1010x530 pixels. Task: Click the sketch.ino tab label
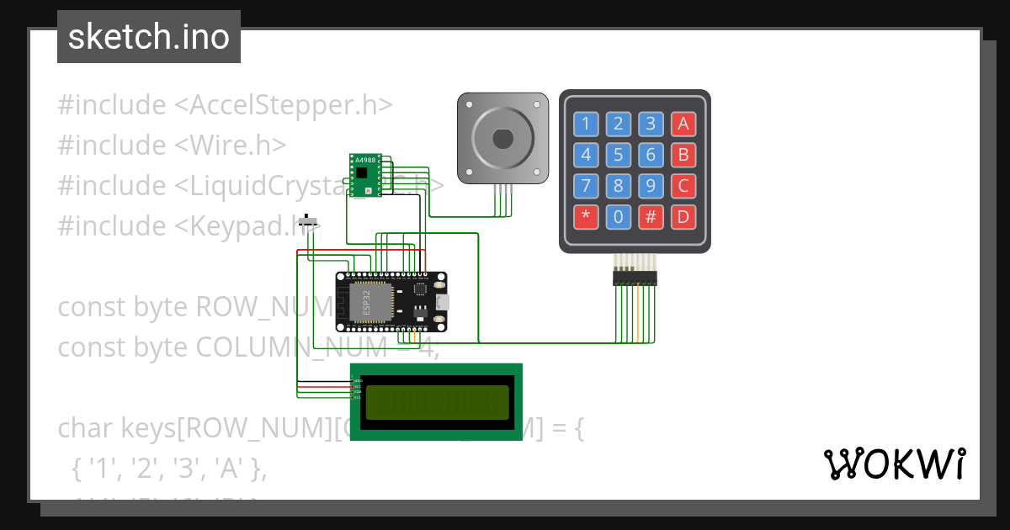tap(149, 37)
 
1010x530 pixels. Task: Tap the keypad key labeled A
tap(683, 125)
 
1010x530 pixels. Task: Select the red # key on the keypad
tap(651, 217)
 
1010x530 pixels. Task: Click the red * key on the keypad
tap(587, 217)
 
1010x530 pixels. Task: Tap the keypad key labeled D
tap(683, 217)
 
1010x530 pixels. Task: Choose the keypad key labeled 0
tap(619, 217)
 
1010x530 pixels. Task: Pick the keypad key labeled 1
tap(587, 125)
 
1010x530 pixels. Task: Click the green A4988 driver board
tap(364, 175)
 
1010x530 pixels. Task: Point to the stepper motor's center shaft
tap(502, 137)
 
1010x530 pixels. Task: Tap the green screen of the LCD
tap(437, 402)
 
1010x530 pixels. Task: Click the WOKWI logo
tap(894, 464)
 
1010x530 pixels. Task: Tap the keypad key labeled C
tap(683, 186)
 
